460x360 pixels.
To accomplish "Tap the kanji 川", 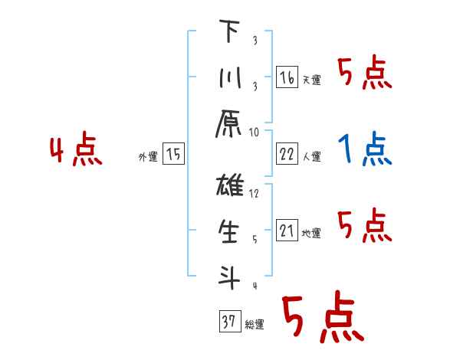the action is [x=228, y=78].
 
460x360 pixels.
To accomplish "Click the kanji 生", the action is [x=228, y=231].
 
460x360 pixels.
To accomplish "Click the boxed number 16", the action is [x=287, y=77].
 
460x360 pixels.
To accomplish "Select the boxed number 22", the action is [x=287, y=154].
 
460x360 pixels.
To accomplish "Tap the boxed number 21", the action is [x=287, y=231].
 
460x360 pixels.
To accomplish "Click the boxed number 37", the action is [x=228, y=322].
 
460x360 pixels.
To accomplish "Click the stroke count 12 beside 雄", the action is [x=255, y=193].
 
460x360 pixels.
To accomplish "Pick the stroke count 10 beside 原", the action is [x=255, y=132].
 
